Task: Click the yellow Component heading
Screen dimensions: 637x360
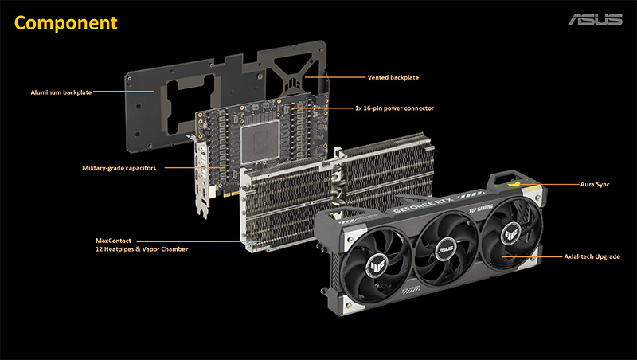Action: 66,23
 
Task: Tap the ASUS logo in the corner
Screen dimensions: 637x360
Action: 595,19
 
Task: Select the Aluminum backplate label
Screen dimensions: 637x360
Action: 61,92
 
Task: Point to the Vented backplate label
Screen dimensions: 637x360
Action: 393,77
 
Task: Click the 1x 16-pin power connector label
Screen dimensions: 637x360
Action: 394,108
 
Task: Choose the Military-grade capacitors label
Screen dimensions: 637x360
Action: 119,168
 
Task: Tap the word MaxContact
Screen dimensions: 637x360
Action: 113,241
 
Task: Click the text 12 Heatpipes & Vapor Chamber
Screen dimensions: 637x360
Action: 142,249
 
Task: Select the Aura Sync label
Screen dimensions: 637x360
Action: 595,184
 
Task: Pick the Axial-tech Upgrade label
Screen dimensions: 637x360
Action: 592,256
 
